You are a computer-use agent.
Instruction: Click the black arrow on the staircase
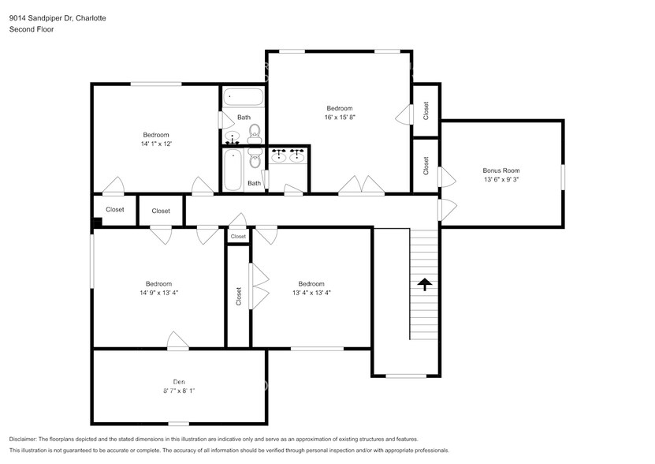[425, 284]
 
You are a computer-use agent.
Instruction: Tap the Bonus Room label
[501, 170]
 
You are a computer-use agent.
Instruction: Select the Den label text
[179, 382]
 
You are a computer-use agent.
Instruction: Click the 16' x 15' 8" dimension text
[340, 118]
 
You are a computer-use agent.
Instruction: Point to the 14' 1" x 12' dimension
[156, 144]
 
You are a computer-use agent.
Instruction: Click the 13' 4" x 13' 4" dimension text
[311, 293]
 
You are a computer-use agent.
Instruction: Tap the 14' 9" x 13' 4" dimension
[158, 293]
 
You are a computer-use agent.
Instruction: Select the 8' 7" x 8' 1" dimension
[179, 391]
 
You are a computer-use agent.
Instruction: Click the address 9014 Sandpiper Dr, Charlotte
[58, 18]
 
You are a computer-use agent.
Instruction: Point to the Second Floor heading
[32, 29]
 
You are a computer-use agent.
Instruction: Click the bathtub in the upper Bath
[243, 96]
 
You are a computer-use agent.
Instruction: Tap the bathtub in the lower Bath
[233, 170]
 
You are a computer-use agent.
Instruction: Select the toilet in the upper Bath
[255, 131]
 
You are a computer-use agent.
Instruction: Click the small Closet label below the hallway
[238, 237]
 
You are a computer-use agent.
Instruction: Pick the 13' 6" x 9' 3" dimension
[501, 179]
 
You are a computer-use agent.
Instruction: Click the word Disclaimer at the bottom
[23, 440]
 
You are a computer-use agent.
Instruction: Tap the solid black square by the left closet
[96, 223]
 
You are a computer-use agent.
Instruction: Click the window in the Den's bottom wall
[178, 424]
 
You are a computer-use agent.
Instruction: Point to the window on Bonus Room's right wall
[563, 175]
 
